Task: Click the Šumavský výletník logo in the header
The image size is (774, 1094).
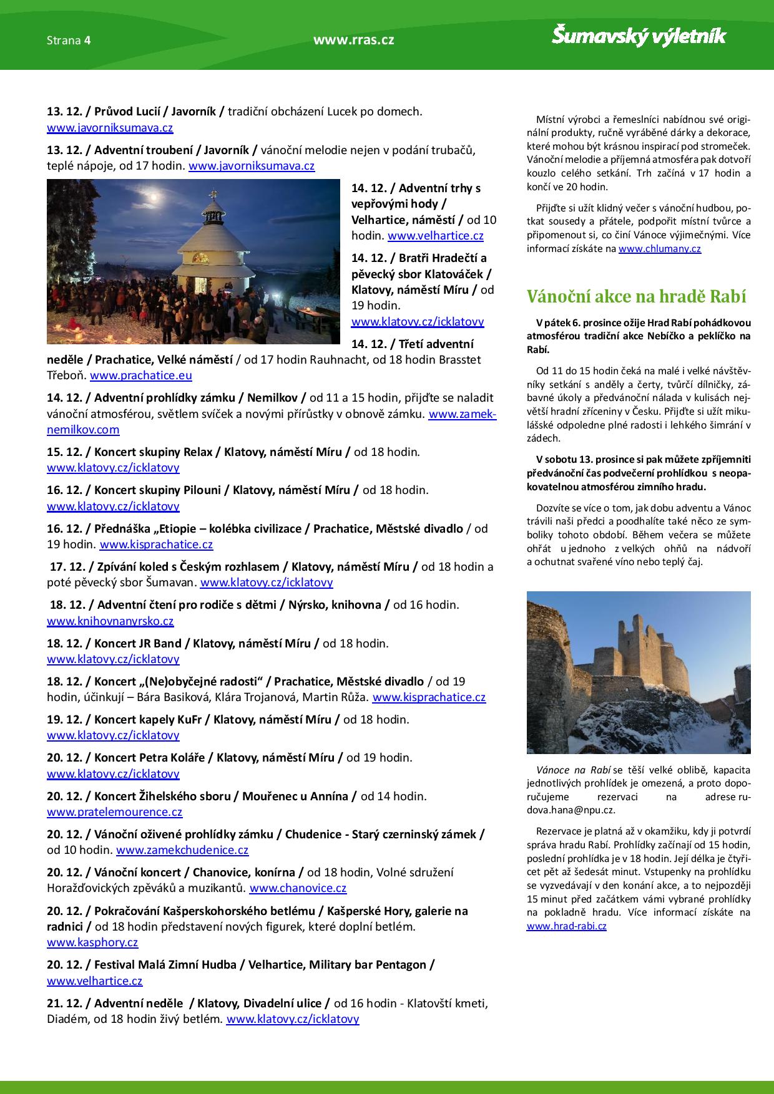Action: pyautogui.click(x=638, y=36)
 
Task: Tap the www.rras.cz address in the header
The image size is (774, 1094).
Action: pyautogui.click(x=353, y=41)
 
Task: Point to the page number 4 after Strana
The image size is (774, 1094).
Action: pyautogui.click(x=88, y=41)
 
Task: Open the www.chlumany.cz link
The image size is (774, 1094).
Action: pyautogui.click(x=659, y=249)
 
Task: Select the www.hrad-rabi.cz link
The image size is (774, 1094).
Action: pyautogui.click(x=566, y=926)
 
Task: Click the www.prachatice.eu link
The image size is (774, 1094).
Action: pyautogui.click(x=141, y=375)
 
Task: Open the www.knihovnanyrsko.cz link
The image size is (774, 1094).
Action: pyautogui.click(x=110, y=621)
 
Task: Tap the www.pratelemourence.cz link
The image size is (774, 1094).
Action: pyautogui.click(x=114, y=812)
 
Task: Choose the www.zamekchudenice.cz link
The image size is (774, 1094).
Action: pyautogui.click(x=182, y=850)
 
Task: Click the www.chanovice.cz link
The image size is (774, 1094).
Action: pyautogui.click(x=298, y=888)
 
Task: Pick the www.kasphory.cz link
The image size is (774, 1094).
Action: pyautogui.click(x=92, y=942)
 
